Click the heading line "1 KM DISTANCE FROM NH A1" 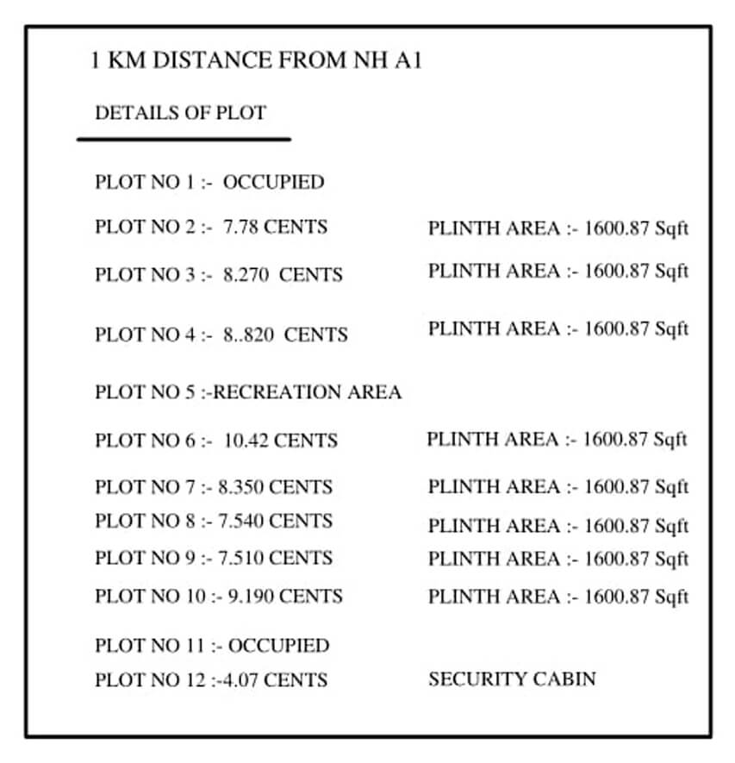pos(256,61)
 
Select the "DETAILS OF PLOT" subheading pos(180,113)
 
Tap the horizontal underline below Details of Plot pos(184,138)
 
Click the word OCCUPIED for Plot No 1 pos(273,183)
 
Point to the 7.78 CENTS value pos(275,228)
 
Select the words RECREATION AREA pos(308,392)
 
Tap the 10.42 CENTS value pos(280,441)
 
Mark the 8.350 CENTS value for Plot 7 pos(275,487)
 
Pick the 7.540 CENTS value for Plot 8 pos(275,521)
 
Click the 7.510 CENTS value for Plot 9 pos(275,558)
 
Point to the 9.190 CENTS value pos(285,596)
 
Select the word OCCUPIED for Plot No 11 pos(278,646)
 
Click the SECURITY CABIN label pos(511,679)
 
